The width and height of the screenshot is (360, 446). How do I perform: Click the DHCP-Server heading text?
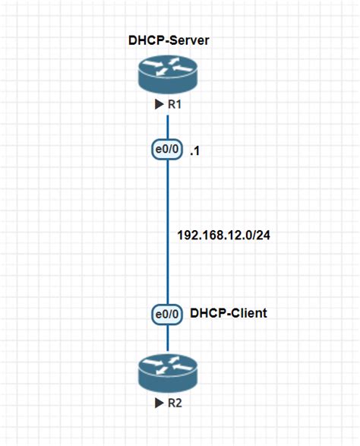(x=169, y=40)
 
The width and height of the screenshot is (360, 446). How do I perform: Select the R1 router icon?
(x=168, y=74)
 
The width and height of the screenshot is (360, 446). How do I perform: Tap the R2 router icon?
(x=168, y=373)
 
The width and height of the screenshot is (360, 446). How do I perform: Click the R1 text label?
(x=175, y=104)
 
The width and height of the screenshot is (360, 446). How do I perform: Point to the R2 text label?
(x=175, y=403)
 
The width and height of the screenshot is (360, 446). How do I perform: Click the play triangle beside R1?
(x=159, y=104)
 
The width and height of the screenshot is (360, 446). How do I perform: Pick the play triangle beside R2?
(x=159, y=403)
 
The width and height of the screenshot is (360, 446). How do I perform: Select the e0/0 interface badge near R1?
(x=167, y=149)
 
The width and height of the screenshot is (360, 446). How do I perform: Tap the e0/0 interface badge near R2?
(x=167, y=315)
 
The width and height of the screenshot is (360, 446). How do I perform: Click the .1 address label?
(x=194, y=151)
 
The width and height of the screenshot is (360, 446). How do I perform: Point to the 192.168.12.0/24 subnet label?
(x=224, y=236)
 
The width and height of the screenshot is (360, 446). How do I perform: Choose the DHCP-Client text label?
(x=229, y=313)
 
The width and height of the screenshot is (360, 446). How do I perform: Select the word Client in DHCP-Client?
(x=248, y=313)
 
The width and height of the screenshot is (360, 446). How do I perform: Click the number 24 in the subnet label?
(x=264, y=236)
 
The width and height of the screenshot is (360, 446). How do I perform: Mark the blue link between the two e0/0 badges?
(x=168, y=232)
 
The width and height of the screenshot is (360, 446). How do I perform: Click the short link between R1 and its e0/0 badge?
(x=168, y=127)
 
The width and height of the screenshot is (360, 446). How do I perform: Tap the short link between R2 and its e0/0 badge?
(x=168, y=337)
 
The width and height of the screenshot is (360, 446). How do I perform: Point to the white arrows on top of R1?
(x=168, y=67)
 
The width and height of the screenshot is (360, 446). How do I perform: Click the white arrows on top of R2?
(x=168, y=365)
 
